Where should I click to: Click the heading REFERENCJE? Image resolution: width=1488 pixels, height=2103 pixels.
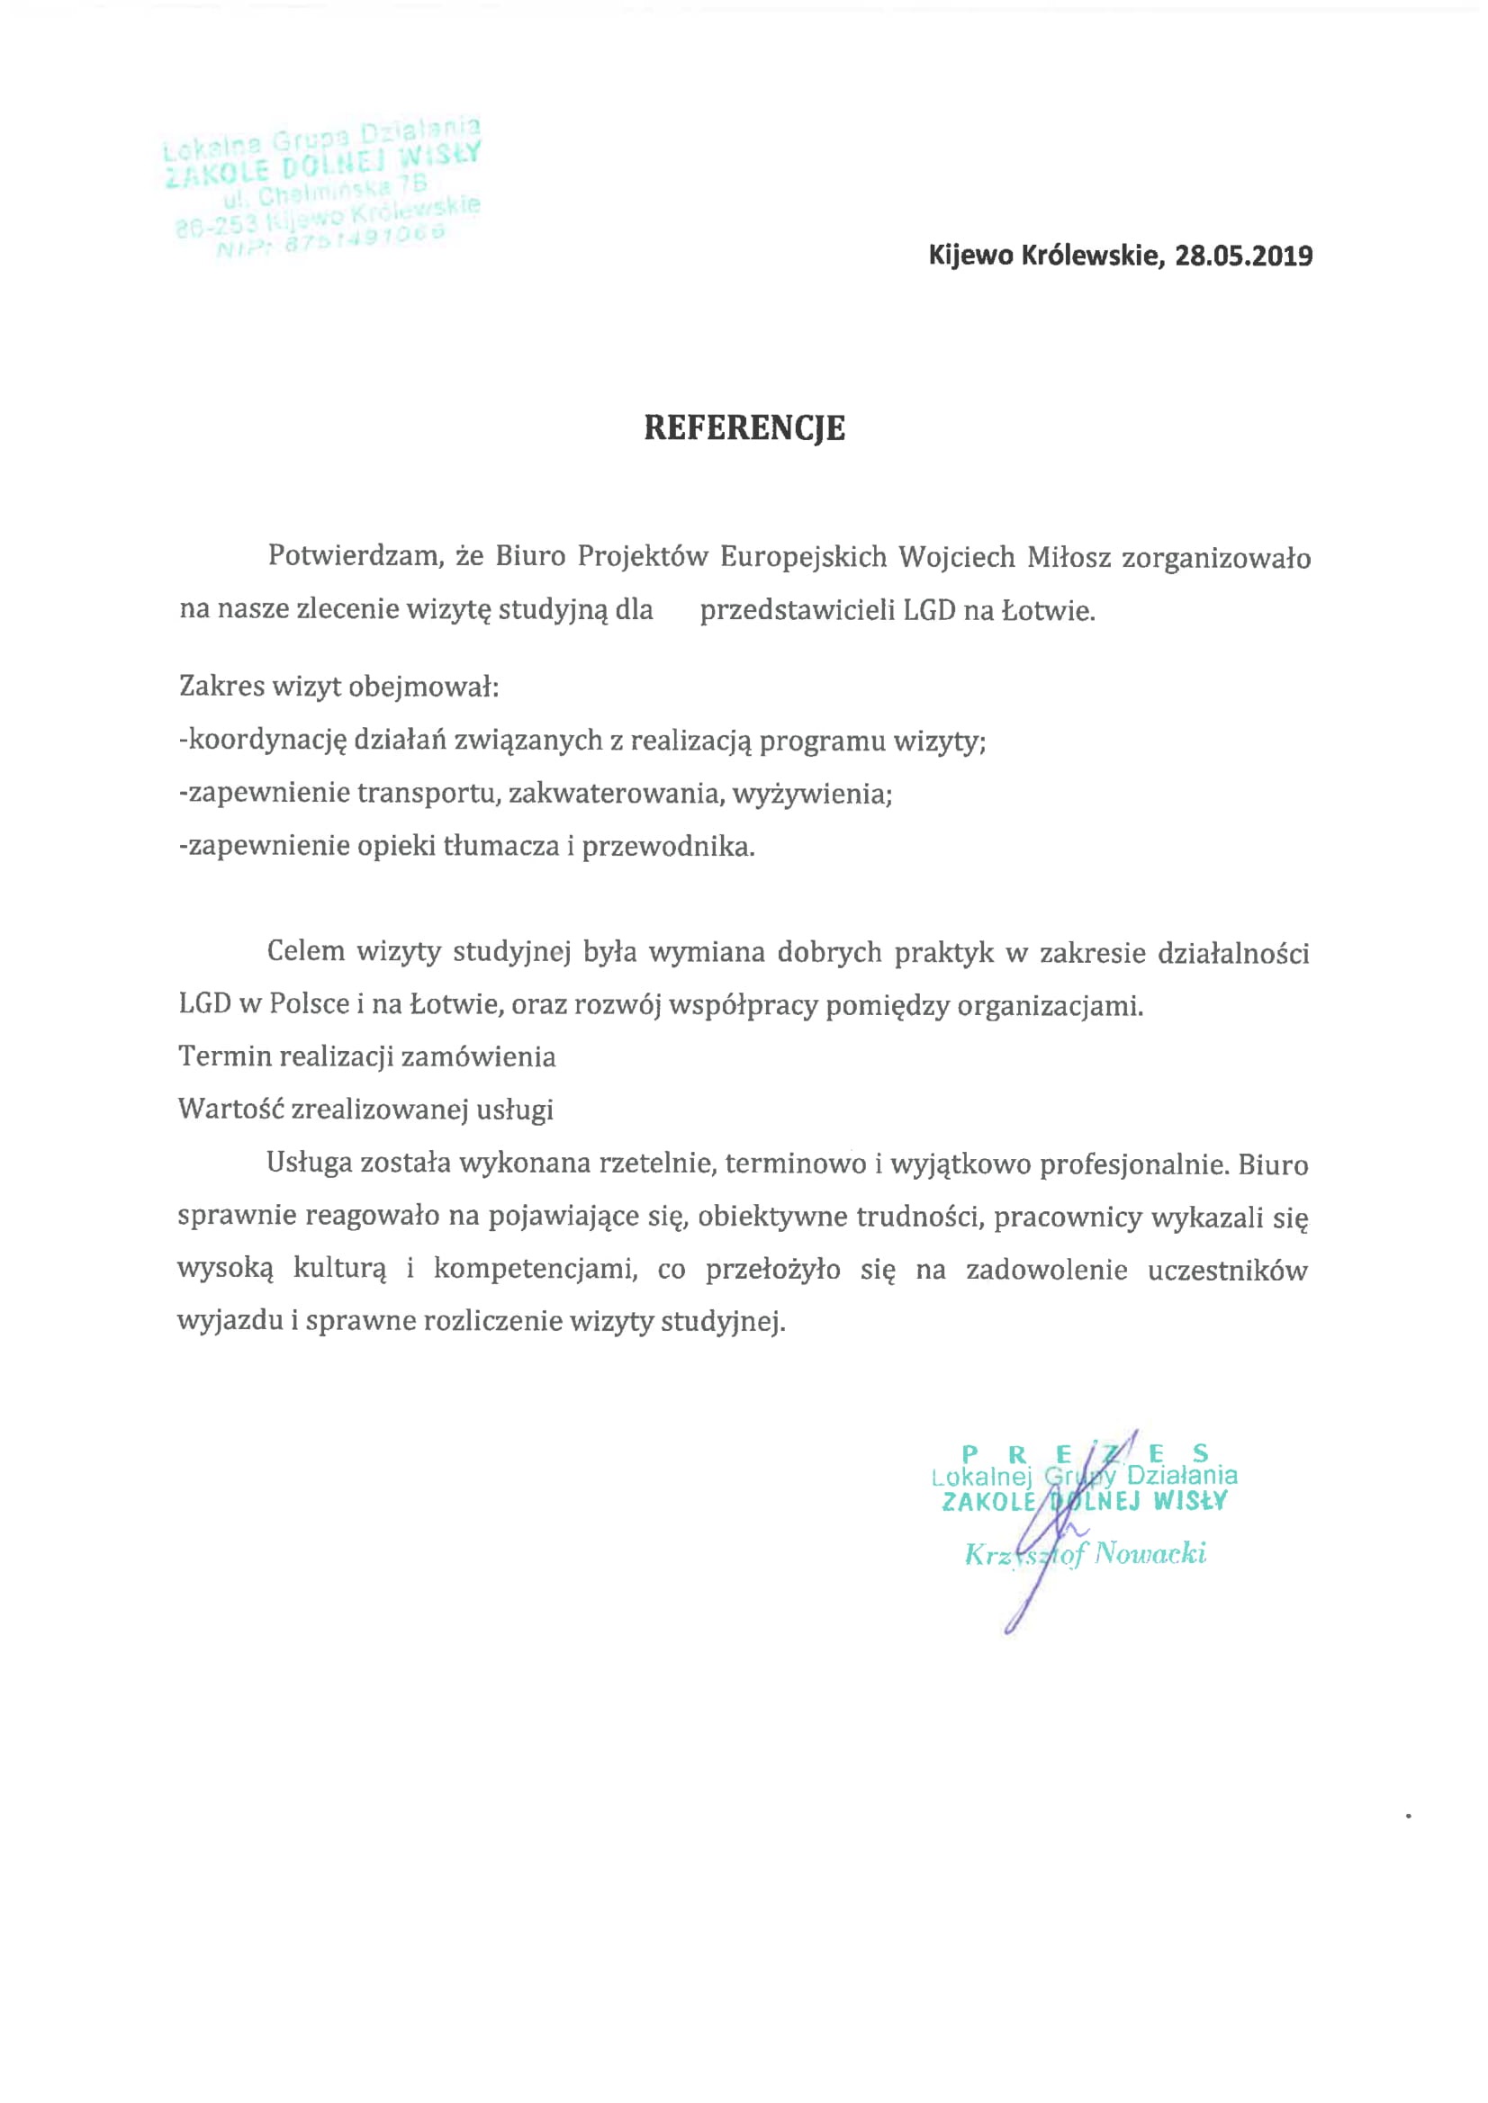(744, 427)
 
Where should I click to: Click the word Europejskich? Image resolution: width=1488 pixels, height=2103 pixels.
(804, 556)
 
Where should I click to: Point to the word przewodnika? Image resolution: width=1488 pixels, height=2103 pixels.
(668, 846)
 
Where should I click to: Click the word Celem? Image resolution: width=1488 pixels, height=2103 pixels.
(305, 952)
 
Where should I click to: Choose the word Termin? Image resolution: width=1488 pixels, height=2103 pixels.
(224, 1057)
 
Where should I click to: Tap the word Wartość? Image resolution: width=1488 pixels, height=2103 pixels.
(230, 1110)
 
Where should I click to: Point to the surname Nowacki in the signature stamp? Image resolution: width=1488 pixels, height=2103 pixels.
(1150, 1553)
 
